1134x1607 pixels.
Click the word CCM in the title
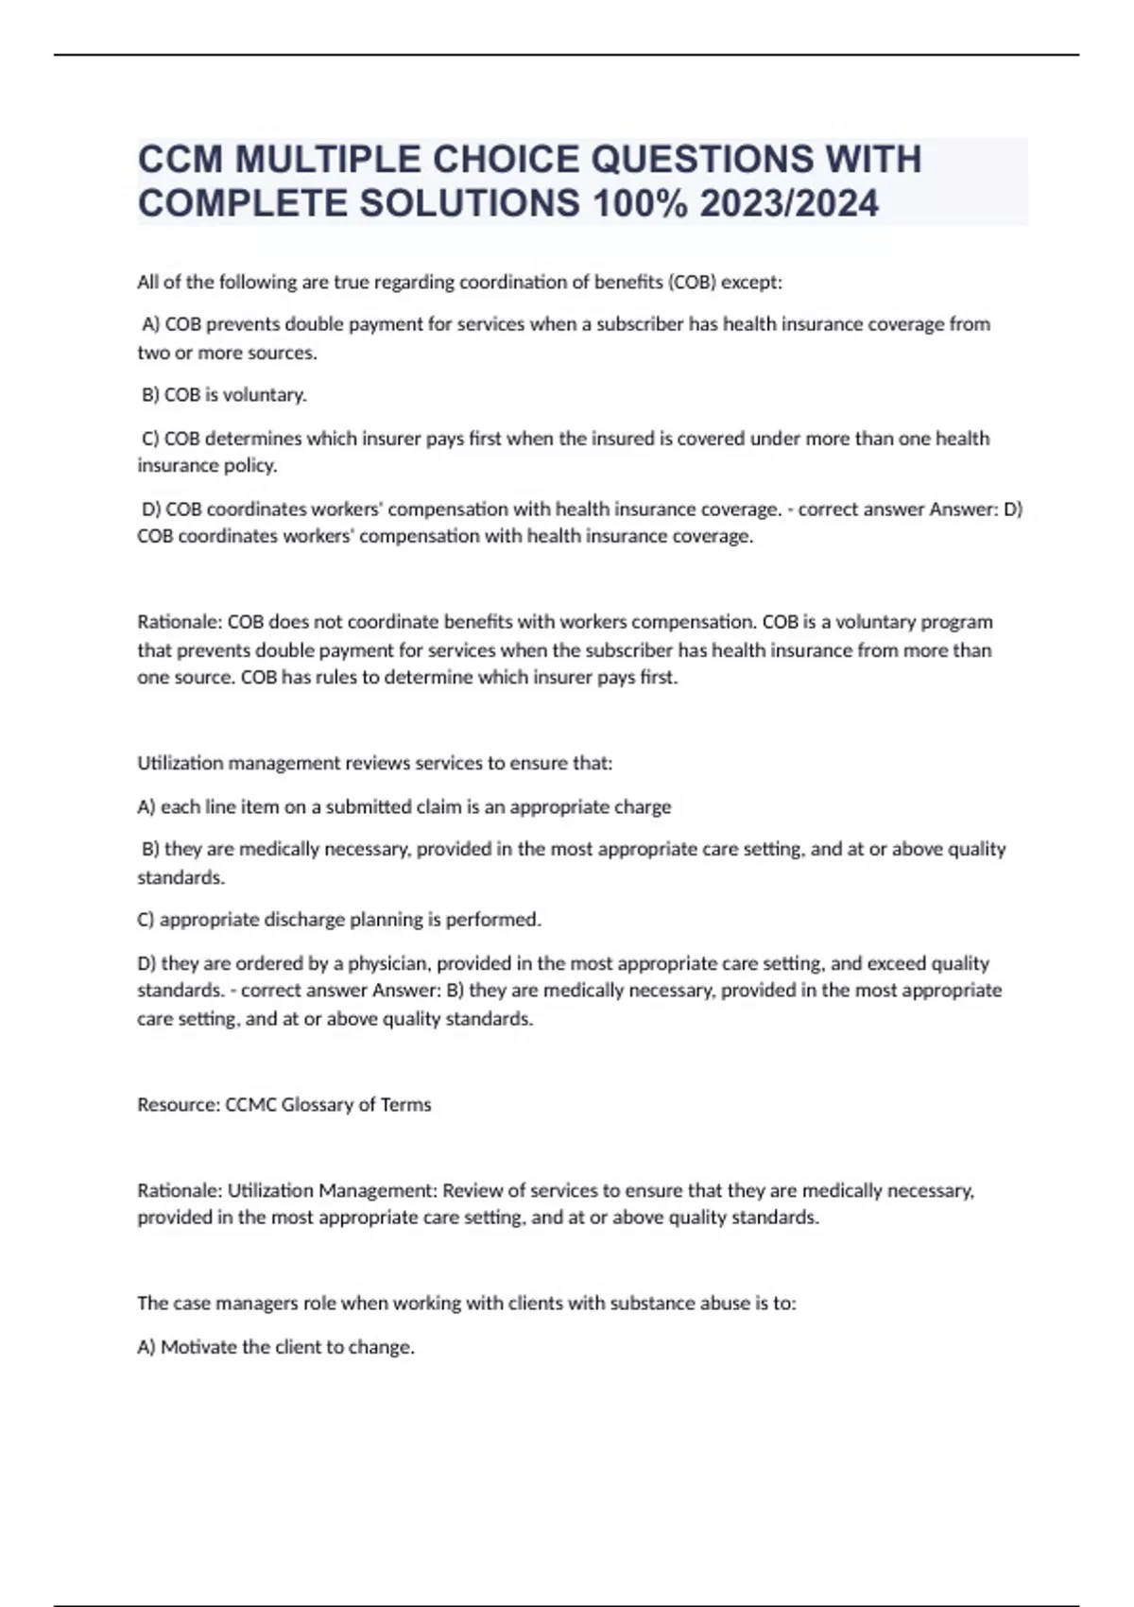point(180,159)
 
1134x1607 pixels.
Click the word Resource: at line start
point(179,1104)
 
